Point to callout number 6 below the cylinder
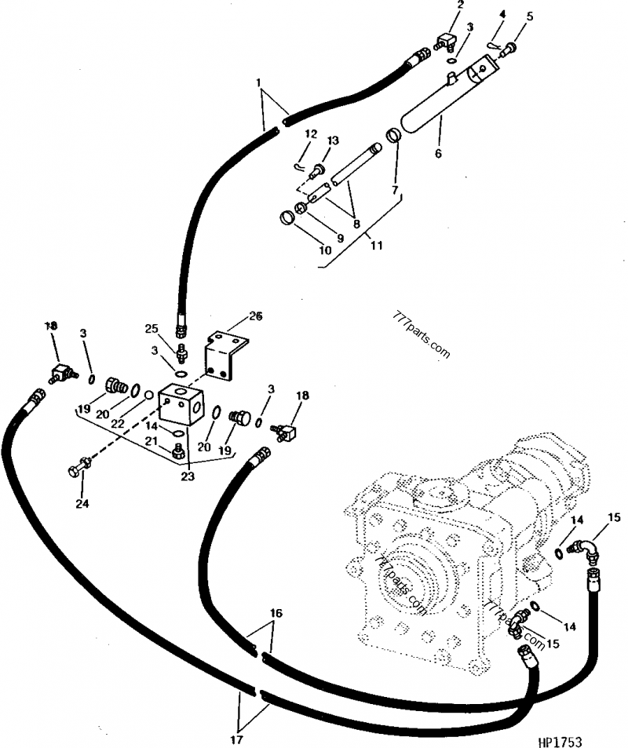438,154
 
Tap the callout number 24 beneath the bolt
82,503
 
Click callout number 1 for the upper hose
260,82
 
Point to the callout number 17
236,739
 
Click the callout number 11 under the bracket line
376,246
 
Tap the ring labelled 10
287,217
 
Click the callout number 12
310,134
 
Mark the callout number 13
333,140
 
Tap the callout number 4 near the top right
502,13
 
